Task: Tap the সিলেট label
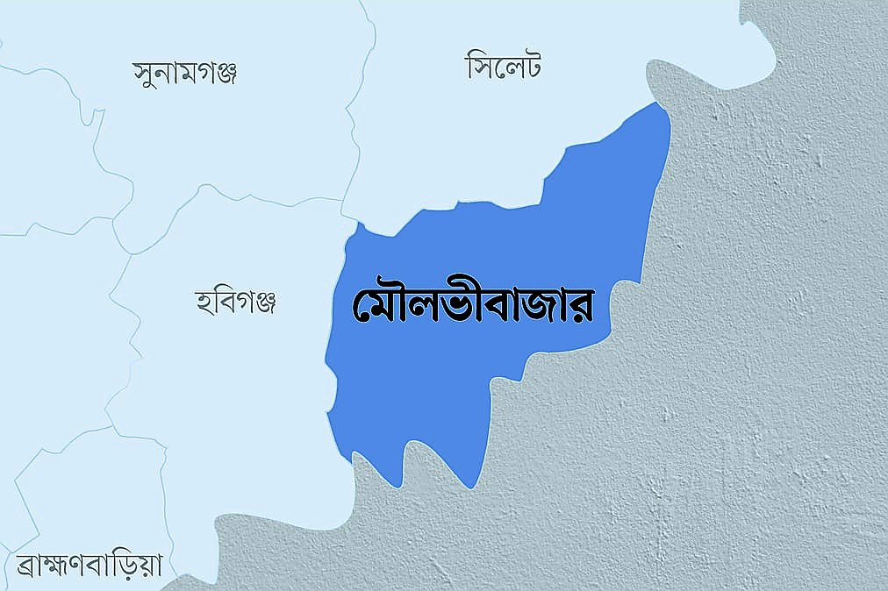click(503, 66)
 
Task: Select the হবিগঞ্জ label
click(235, 303)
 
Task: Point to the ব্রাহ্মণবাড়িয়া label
click(90, 564)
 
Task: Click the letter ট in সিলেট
click(528, 67)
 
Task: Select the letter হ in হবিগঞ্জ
click(204, 304)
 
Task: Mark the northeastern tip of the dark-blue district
click(657, 103)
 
